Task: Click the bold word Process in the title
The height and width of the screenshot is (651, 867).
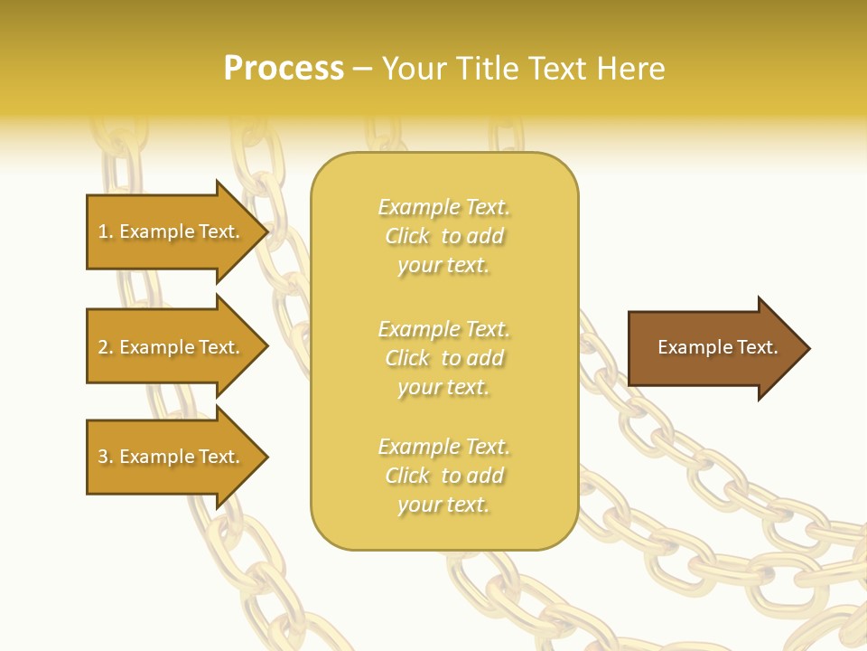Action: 284,69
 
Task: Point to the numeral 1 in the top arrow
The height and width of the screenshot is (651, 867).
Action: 104,231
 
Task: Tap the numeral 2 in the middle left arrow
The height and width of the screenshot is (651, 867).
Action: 104,347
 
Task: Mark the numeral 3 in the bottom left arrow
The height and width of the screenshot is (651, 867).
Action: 104,457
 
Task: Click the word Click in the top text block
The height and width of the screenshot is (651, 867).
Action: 407,236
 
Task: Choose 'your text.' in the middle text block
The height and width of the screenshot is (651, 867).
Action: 443,387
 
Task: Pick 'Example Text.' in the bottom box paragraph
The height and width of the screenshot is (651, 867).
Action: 443,447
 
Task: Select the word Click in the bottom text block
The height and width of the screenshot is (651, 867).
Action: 407,476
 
